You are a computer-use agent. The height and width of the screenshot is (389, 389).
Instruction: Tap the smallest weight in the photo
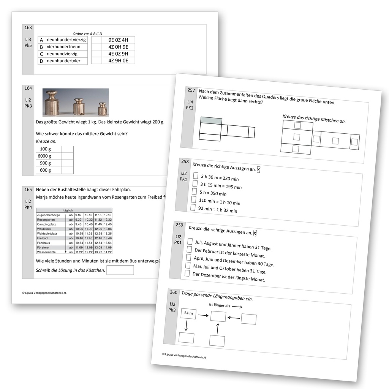(102, 109)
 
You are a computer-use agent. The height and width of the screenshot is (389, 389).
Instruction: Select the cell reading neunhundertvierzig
(66, 40)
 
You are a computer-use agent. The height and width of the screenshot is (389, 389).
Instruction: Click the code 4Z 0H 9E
(119, 47)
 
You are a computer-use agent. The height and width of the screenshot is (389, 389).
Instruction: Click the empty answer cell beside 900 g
(67, 163)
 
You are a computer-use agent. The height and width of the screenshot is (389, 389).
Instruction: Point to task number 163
(28, 27)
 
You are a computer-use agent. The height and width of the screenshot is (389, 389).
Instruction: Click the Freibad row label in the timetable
(43, 238)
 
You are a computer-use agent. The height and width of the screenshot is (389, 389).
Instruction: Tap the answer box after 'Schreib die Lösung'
(120, 270)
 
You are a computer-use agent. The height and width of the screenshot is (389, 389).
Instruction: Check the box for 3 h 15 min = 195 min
(194, 183)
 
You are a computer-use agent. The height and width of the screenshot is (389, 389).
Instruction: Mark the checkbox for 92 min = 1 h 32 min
(193, 207)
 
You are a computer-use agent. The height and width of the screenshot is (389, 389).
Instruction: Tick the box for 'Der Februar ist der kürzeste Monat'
(189, 249)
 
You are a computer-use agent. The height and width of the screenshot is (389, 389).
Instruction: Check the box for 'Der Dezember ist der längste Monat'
(187, 273)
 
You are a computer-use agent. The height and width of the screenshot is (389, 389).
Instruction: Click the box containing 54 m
(188, 313)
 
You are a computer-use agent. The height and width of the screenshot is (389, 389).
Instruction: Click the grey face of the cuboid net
(211, 120)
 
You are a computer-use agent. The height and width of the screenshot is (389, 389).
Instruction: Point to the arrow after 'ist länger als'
(237, 307)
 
